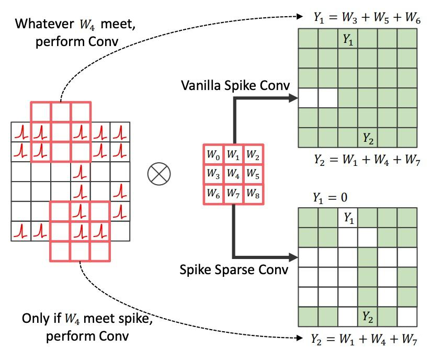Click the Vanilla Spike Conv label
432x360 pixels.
[233, 84]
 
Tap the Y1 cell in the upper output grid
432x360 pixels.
[348, 39]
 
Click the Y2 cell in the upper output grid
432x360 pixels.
[368, 138]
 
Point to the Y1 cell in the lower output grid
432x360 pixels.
[348, 218]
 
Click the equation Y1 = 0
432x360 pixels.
[330, 198]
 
